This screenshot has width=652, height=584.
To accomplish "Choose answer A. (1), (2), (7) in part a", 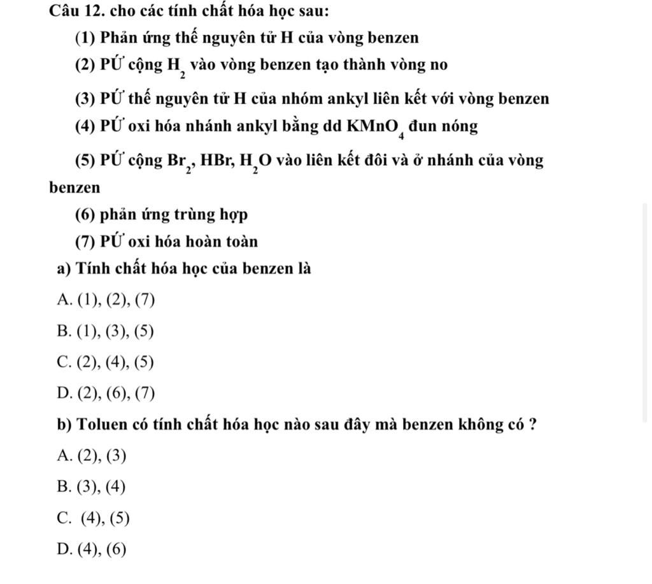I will (106, 300).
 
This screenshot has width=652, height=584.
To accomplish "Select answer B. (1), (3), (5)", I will (106, 332).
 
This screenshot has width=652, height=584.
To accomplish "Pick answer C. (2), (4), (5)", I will (106, 362).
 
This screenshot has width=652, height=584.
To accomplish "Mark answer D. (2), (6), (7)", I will (106, 393).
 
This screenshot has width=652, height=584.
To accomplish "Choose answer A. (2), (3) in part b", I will (92, 456).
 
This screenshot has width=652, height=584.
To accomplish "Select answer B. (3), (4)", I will (92, 487).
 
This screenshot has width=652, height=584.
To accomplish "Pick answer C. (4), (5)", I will (94, 518).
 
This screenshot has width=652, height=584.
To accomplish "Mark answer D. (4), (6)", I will (92, 549).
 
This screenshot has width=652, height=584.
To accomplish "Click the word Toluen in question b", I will (99, 425).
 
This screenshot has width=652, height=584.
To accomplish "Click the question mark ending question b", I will (532, 425).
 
